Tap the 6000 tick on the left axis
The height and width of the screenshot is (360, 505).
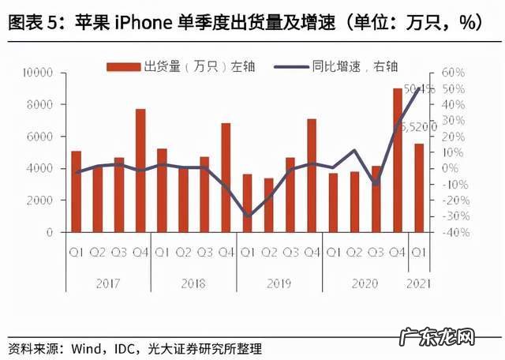point(40,137)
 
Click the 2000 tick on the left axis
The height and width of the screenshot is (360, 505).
point(40,201)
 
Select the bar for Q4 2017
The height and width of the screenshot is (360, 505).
point(140,171)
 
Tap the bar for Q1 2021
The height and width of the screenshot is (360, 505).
point(419,188)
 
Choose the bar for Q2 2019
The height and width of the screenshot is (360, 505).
point(269,205)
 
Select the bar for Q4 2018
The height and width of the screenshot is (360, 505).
point(226,178)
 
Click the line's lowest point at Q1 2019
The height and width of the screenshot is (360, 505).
point(248,216)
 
